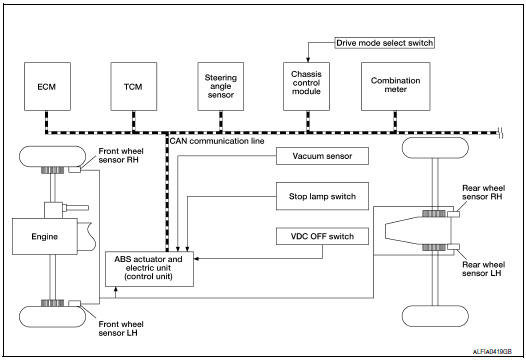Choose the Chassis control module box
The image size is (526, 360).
point(304,88)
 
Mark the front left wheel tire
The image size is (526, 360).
point(47,314)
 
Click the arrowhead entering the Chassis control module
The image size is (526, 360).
point(304,58)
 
